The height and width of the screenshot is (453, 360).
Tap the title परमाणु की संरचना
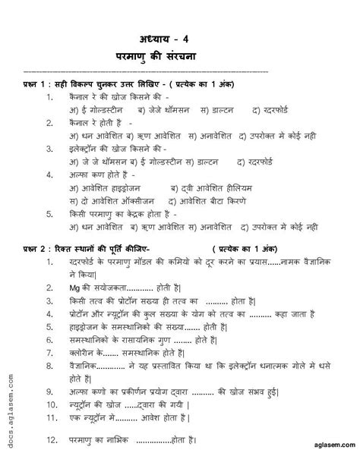tap(180, 56)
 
